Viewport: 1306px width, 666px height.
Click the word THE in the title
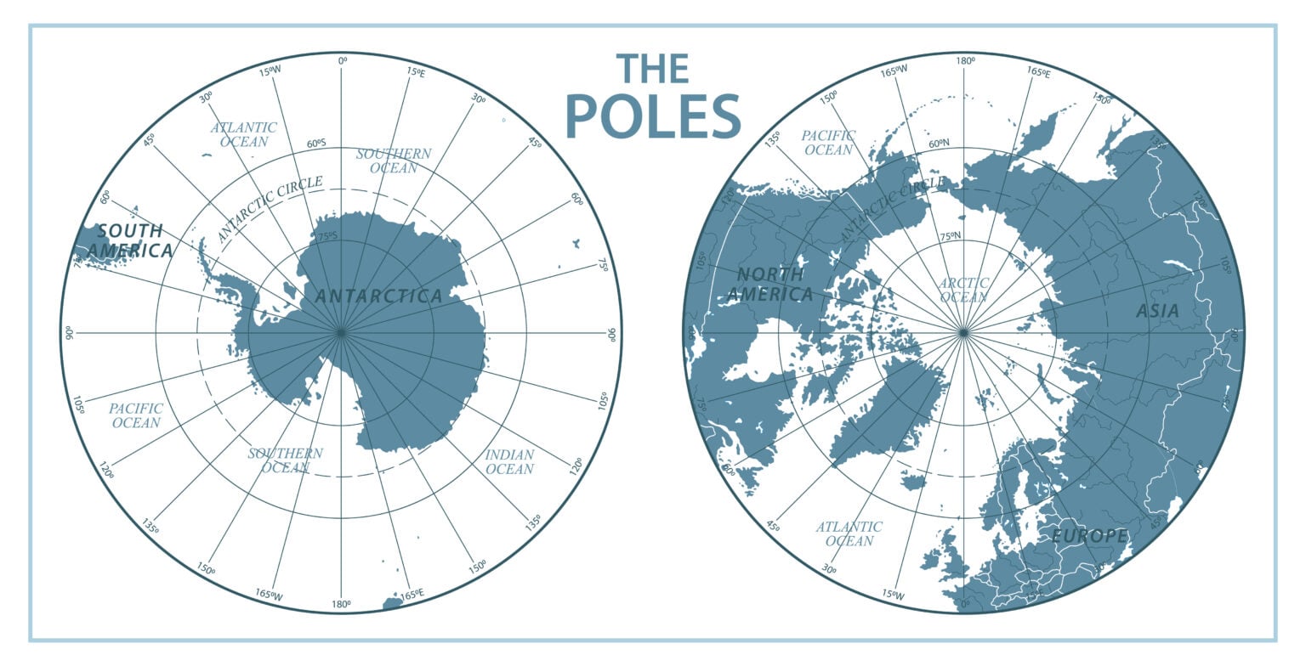coord(652,69)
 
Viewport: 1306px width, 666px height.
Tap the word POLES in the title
coord(652,116)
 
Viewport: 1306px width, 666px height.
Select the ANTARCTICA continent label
coord(378,296)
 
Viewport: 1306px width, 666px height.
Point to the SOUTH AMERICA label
coord(130,240)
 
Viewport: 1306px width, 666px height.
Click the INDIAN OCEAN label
coord(509,461)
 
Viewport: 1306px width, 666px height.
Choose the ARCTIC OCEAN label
coord(964,290)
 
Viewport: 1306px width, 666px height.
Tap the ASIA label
coord(1157,312)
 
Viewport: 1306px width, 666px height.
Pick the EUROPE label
coord(1089,536)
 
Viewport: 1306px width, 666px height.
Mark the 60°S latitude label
coord(316,144)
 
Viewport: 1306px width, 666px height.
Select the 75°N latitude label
coord(950,236)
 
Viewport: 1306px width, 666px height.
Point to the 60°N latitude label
coord(940,144)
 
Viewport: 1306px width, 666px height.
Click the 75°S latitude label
coord(326,236)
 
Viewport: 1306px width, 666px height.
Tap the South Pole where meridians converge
coord(341,332)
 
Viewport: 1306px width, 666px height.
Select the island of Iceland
coord(912,483)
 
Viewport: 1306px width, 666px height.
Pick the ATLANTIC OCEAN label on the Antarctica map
coord(244,134)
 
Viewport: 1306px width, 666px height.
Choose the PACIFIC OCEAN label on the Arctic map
coord(827,143)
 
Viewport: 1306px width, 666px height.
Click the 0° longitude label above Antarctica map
coord(342,61)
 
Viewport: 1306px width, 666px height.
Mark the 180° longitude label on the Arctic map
coord(964,61)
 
